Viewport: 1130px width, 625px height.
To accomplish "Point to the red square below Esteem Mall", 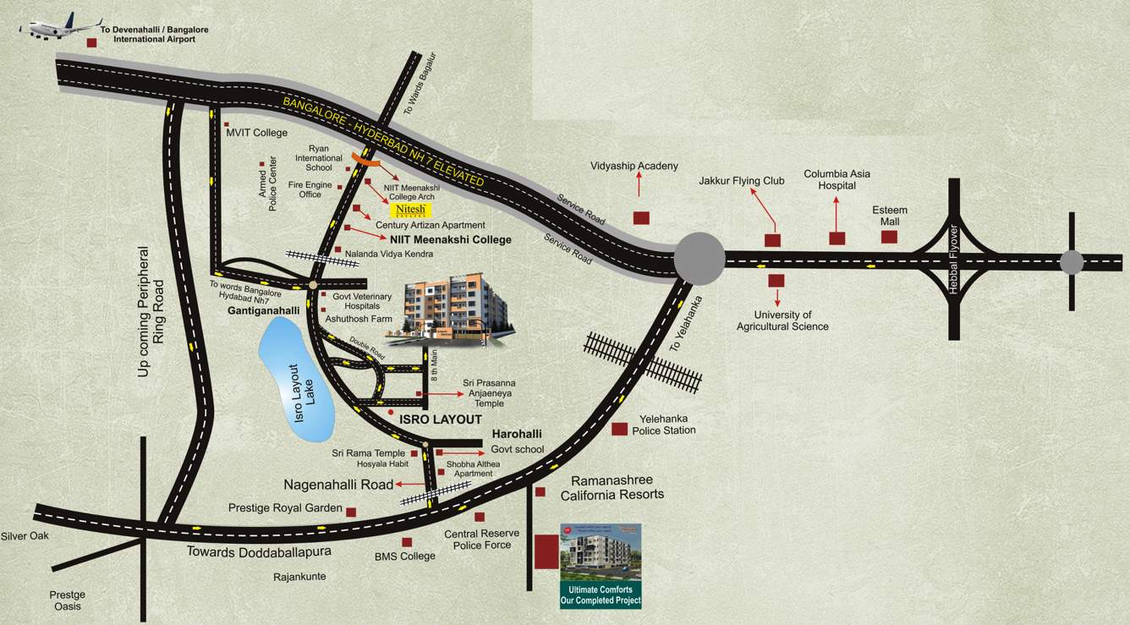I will (x=889, y=237).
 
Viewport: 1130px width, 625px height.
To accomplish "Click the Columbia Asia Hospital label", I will (x=837, y=179).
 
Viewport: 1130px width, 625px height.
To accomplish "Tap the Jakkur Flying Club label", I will (x=741, y=181).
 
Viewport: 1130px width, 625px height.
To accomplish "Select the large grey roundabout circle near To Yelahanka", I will (x=699, y=258).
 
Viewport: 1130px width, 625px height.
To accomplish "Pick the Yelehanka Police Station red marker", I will (x=620, y=429).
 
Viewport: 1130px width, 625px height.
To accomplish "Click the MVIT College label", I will (x=256, y=133).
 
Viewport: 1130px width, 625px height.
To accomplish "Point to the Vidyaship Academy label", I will (x=634, y=167).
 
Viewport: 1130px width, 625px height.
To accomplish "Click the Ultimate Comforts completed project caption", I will (x=601, y=595).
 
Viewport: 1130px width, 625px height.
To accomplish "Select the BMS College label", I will (x=405, y=556).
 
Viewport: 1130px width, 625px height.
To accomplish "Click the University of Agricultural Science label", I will (x=782, y=321).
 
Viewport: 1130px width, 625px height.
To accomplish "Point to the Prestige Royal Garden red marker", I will (x=351, y=511).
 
